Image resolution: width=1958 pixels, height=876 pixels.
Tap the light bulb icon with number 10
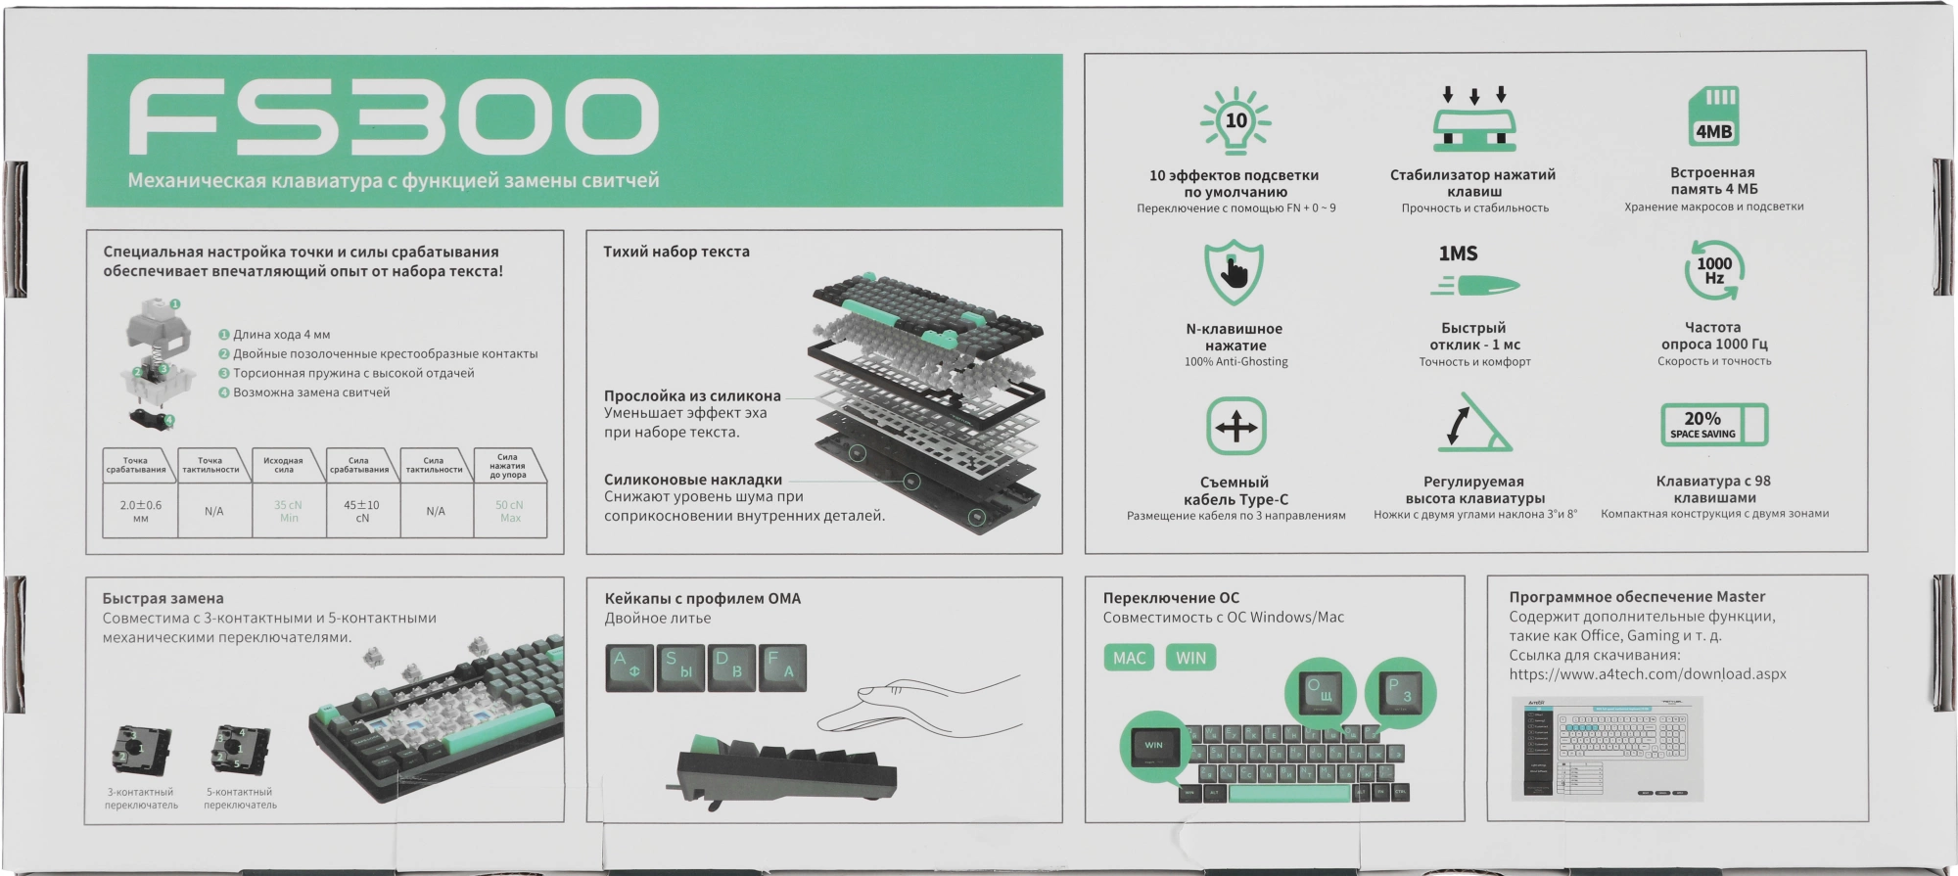(1235, 121)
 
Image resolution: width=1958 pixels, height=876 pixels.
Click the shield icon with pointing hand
(1234, 273)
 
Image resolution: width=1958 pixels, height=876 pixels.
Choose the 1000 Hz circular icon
(1713, 271)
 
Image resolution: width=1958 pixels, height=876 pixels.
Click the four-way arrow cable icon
(1235, 427)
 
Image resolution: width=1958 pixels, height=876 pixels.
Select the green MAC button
(1129, 658)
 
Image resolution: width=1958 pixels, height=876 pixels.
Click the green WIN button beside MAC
(1190, 658)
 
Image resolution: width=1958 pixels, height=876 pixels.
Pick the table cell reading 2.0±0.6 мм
(140, 511)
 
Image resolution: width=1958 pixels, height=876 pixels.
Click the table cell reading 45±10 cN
(362, 511)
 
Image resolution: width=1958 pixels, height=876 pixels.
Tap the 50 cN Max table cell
(510, 511)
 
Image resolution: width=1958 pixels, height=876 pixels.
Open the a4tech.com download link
(1647, 674)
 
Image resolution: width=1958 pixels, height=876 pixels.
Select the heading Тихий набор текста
(676, 252)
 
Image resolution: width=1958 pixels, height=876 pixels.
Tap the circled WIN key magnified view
(1153, 746)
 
